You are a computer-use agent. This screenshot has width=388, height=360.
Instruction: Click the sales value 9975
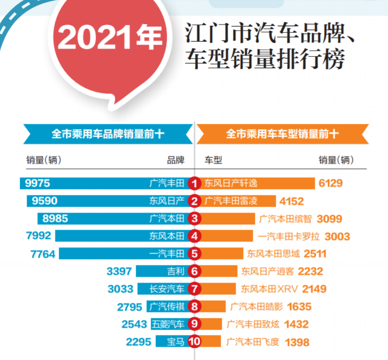tap(38, 184)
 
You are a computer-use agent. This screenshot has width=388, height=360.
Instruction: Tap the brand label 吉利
tap(175, 271)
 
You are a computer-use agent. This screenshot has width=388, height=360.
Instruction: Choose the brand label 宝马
tap(175, 342)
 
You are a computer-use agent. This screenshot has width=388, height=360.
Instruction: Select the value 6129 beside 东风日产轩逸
tap(330, 184)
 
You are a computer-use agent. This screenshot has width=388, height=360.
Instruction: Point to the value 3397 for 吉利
tap(119, 271)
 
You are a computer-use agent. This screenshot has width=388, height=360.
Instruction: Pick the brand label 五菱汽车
tap(168, 324)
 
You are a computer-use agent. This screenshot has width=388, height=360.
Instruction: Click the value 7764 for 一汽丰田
tap(43, 254)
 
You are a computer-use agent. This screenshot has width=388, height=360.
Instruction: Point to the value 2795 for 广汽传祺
tap(129, 307)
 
